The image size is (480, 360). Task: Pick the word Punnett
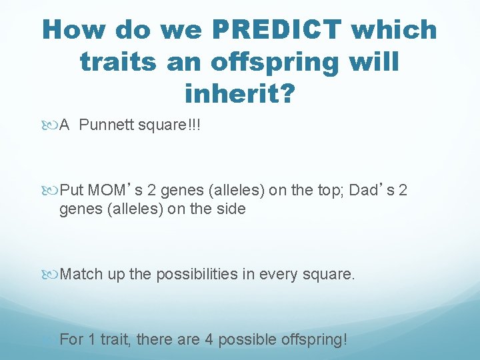107,126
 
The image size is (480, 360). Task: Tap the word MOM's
115,191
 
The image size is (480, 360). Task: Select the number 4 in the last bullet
209,339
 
